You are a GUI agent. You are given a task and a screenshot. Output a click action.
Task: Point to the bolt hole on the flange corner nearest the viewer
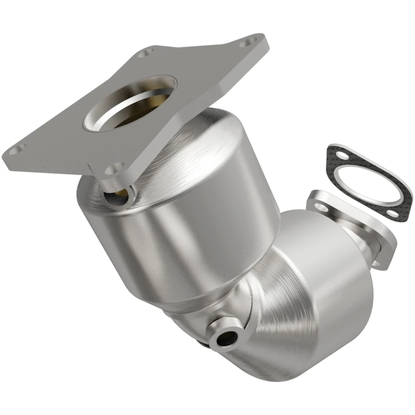tap(113, 168)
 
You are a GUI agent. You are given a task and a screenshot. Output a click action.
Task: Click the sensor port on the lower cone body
tap(227, 338)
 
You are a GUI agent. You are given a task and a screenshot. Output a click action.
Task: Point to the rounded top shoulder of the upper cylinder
tap(218, 140)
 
